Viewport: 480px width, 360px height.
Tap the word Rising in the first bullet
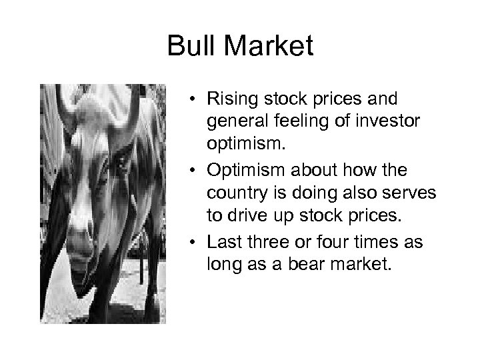228,100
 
